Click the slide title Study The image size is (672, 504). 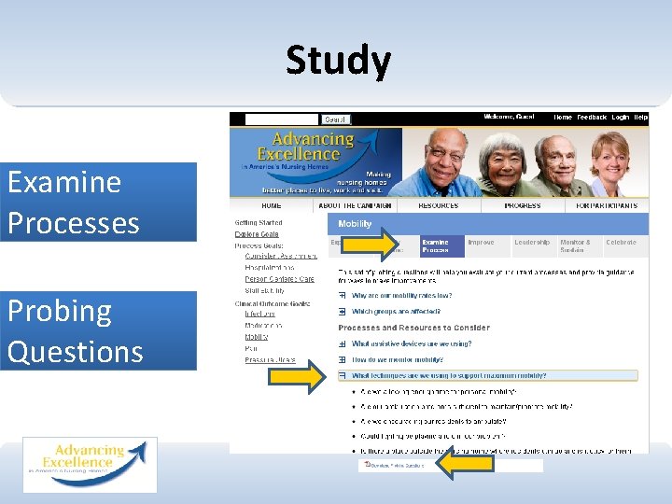coord(338,61)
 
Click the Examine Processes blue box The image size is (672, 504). coord(98,203)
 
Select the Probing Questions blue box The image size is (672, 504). coord(98,330)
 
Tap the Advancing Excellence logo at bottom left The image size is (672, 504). coord(90,464)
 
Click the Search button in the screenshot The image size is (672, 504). coord(335,119)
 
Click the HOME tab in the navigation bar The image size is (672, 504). coord(272,205)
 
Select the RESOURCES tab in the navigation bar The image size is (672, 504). coord(438,205)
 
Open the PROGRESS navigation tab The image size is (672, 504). coord(522,205)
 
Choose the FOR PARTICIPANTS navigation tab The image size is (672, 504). coord(607,205)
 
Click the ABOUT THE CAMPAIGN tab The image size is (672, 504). coord(355,205)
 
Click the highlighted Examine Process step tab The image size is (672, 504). coord(437,245)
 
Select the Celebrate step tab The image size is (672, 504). coord(621,243)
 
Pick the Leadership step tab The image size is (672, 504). coord(532,243)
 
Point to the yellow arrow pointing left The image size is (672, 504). coord(465,464)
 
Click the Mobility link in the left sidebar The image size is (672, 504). coord(256,337)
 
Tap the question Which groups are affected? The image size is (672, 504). coord(396,312)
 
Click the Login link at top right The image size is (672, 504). coord(621,118)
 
